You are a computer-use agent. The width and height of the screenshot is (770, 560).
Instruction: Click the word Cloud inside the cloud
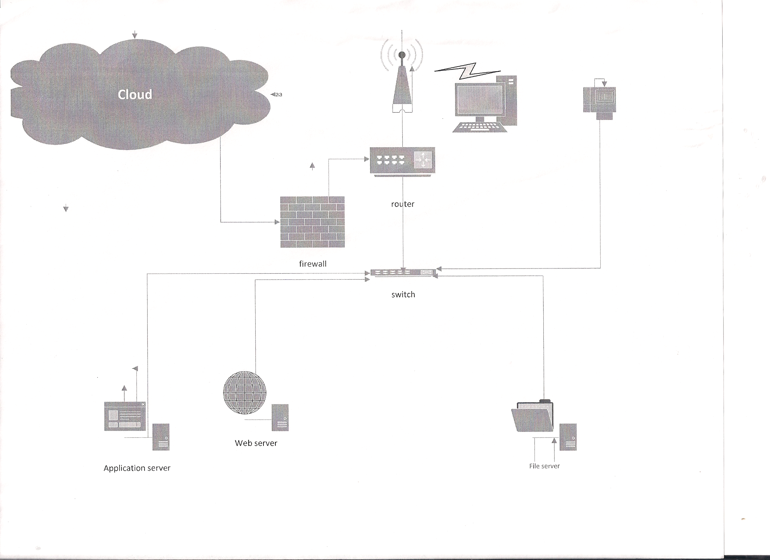tap(135, 94)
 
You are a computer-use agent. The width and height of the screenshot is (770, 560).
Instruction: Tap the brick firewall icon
tap(312, 222)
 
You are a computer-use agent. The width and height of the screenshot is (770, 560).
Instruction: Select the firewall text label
tap(313, 264)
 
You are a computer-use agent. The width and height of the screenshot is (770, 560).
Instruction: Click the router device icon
tap(402, 161)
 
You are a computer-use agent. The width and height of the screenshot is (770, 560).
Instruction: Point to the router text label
tap(403, 204)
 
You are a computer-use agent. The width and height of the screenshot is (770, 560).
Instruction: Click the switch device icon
tap(403, 272)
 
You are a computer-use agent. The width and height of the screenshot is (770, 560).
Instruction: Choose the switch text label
tap(403, 294)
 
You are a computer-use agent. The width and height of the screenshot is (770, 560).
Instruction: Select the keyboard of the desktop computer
tap(480, 127)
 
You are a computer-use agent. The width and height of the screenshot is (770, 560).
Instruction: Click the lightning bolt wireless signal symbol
tap(468, 70)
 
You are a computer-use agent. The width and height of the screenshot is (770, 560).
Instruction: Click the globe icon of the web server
tap(244, 393)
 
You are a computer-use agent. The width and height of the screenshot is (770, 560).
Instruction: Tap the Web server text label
tap(256, 443)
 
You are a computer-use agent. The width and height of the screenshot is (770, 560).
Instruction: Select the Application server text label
tap(137, 468)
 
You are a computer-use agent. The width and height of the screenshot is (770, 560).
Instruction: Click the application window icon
tap(125, 416)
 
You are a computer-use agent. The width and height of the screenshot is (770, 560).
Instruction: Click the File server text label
tap(544, 466)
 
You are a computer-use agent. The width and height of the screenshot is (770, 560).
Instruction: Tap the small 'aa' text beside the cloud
tap(279, 95)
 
